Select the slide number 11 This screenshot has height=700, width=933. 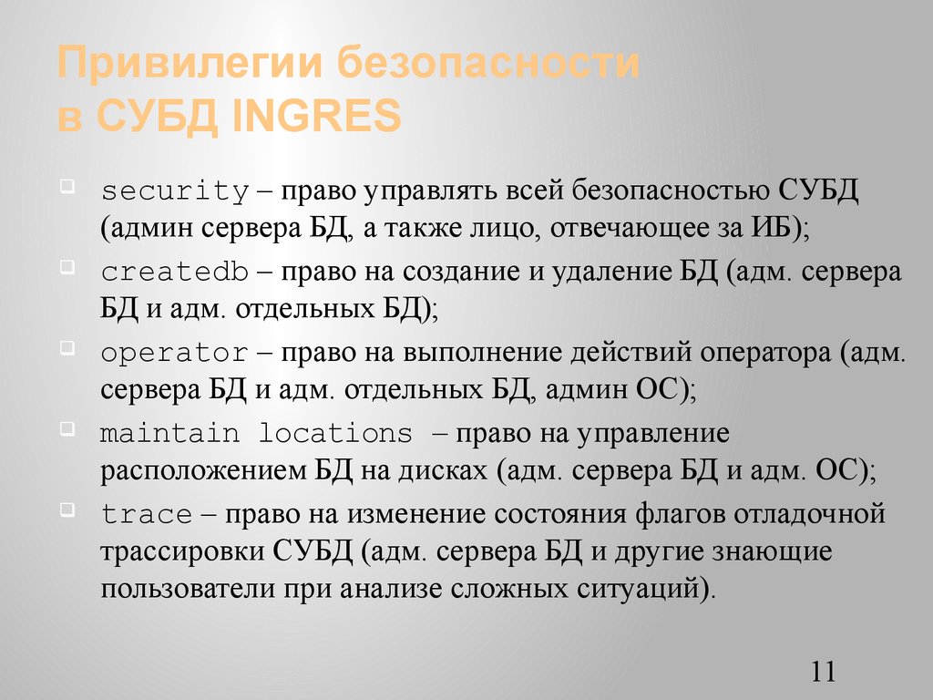(x=821, y=672)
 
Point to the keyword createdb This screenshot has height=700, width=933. (x=175, y=273)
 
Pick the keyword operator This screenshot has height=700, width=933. (x=175, y=353)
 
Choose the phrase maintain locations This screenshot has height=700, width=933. (x=256, y=433)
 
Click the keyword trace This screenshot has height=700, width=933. (x=147, y=514)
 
